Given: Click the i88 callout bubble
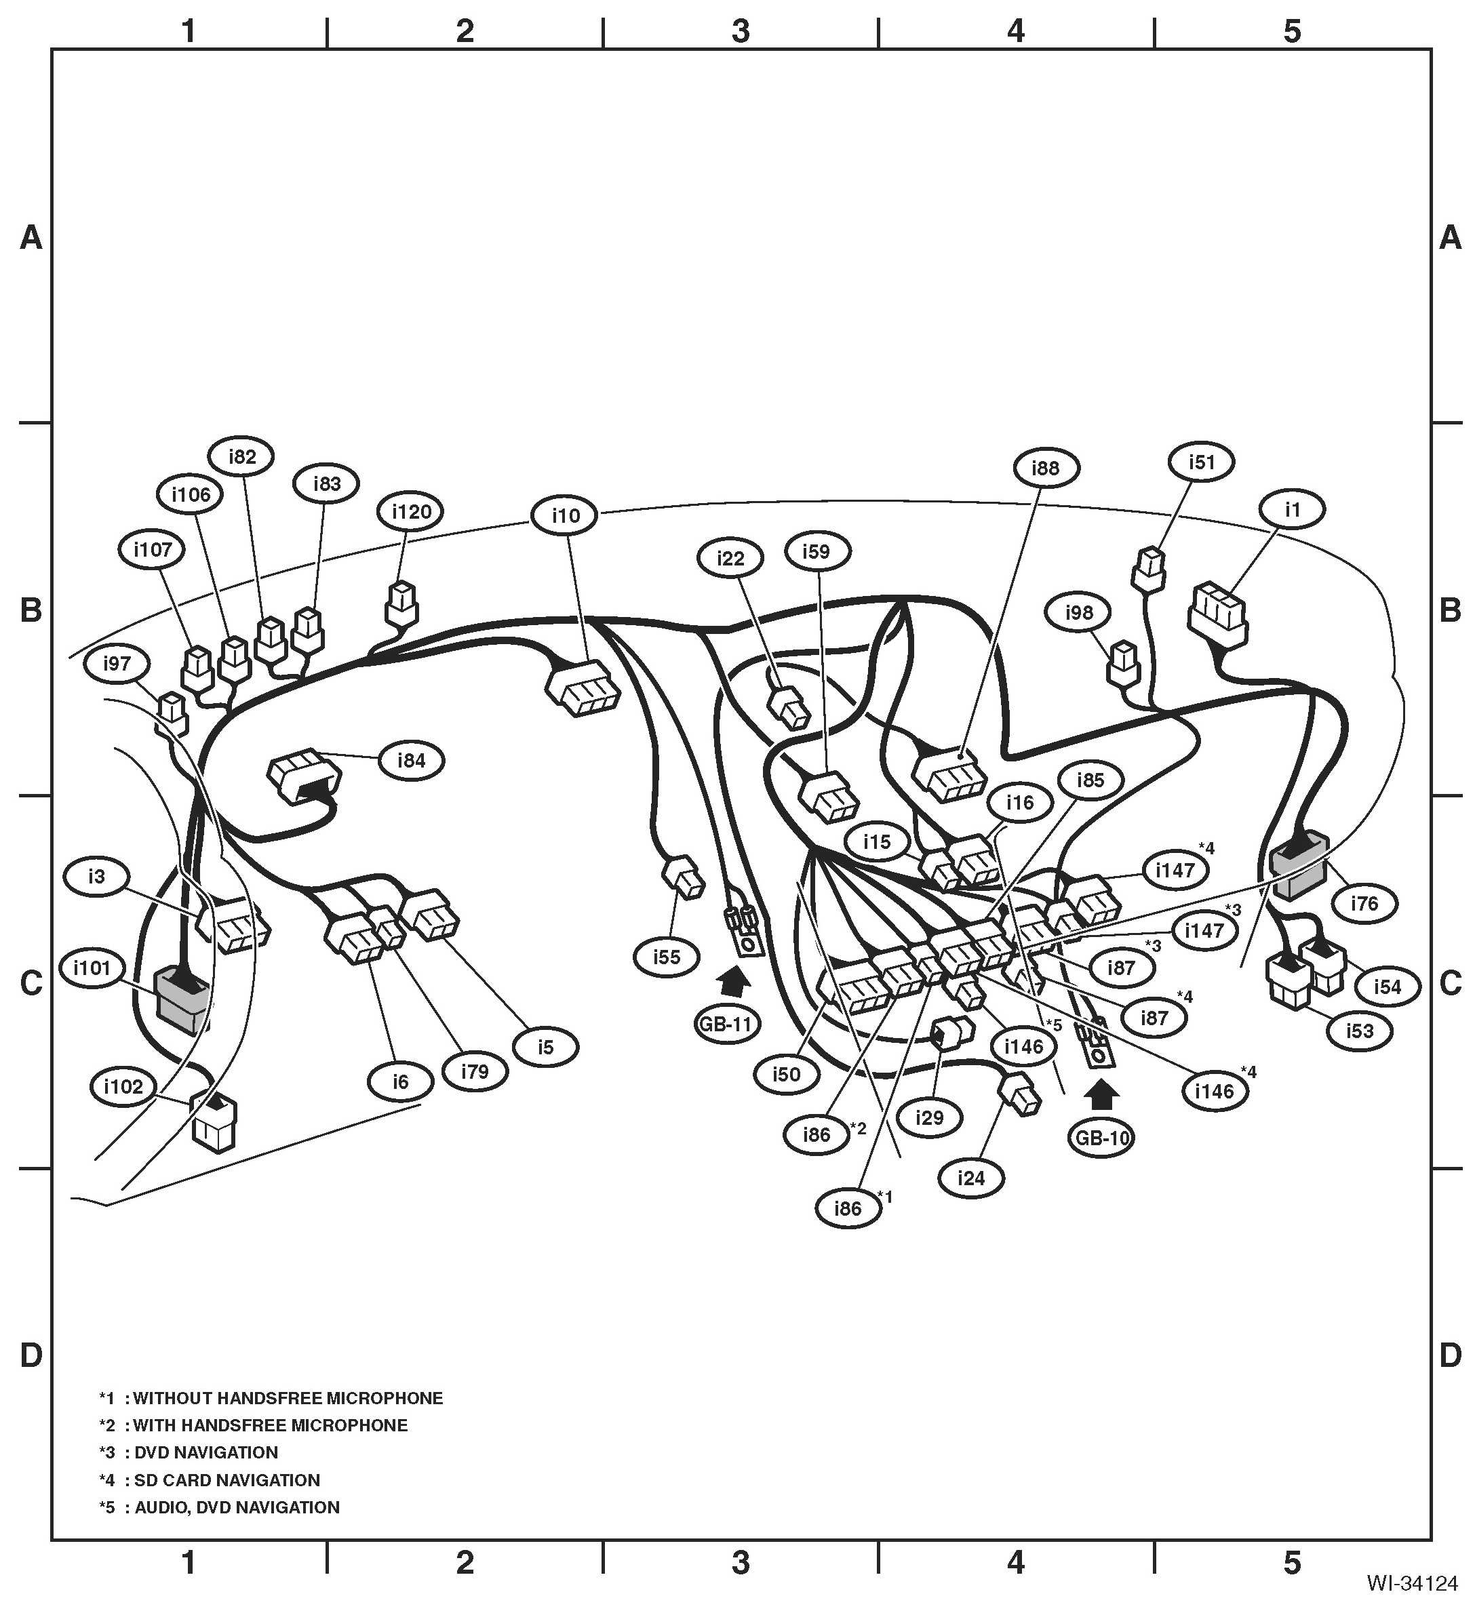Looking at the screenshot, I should click(x=1045, y=467).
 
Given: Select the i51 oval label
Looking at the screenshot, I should click(x=1201, y=462).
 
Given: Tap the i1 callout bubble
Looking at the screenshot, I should click(x=1292, y=509).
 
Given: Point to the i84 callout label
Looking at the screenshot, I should click(x=411, y=760).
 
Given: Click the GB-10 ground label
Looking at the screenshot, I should click(x=1101, y=1137).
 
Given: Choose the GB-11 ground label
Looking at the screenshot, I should click(x=727, y=1024).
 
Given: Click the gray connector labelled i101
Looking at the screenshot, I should click(x=182, y=999).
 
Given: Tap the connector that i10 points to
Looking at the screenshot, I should click(x=585, y=688).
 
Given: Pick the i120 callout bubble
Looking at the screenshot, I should click(x=411, y=511).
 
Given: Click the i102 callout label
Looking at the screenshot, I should click(x=123, y=1086).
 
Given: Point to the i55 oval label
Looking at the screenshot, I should click(x=666, y=957).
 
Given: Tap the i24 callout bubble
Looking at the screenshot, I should click(x=970, y=1177).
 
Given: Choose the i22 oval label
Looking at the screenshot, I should click(x=730, y=558).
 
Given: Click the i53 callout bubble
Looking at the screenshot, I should click(x=1359, y=1030).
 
